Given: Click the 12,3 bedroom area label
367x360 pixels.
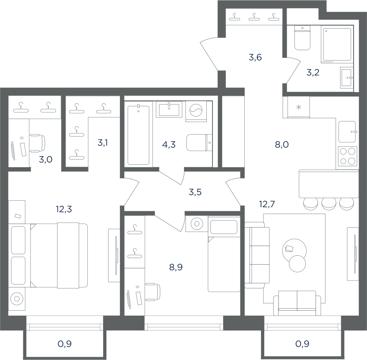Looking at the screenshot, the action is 64,209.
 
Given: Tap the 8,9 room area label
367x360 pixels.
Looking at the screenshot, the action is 176,267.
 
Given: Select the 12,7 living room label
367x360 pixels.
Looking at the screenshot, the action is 267,204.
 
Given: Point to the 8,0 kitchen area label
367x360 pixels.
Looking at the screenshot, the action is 282,144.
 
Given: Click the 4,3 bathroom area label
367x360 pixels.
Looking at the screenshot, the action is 169,144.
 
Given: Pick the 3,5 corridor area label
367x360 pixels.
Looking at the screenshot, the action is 195,192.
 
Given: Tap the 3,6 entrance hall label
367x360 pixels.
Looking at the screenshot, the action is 255,57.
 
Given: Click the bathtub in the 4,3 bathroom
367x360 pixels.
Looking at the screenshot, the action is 138,135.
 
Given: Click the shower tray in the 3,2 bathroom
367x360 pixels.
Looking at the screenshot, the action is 337,44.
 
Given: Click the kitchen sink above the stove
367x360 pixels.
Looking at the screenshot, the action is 347,132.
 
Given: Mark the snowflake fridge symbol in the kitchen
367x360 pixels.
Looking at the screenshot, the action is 298,108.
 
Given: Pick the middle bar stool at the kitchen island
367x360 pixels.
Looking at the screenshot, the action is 329,203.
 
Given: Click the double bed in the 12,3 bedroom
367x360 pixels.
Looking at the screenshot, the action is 59,255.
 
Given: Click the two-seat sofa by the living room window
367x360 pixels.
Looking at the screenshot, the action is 297,303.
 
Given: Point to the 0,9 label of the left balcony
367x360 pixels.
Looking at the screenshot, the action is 64,344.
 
